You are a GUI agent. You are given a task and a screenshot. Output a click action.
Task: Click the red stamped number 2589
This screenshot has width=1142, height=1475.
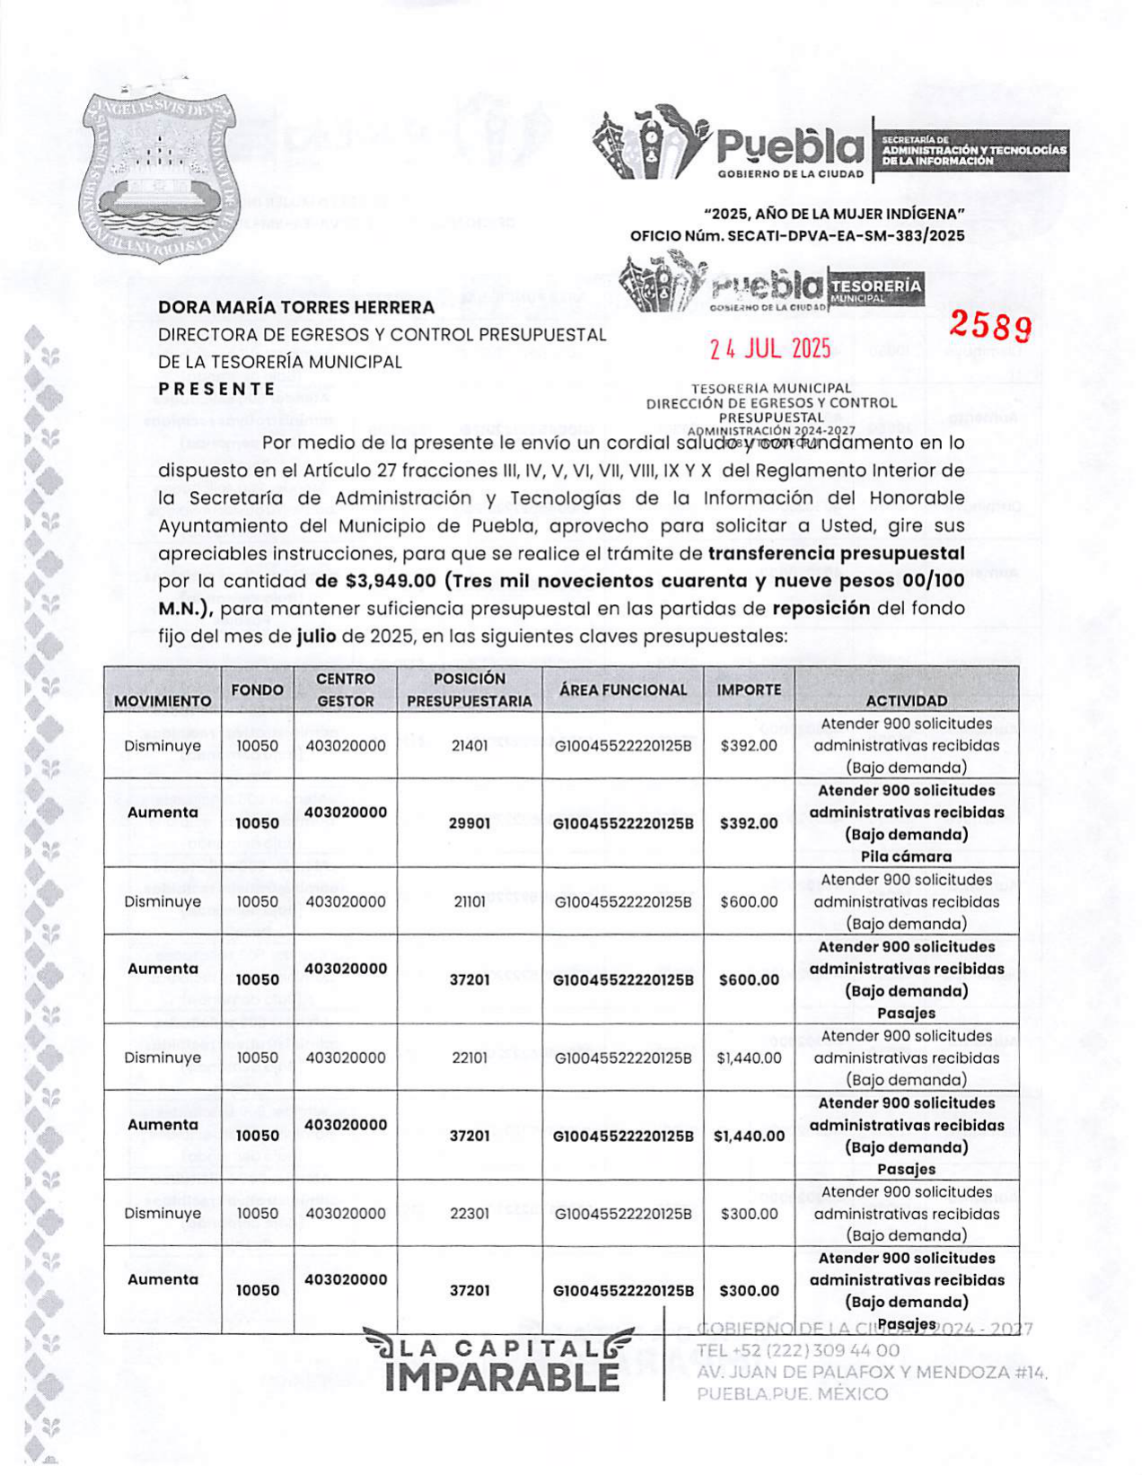989,326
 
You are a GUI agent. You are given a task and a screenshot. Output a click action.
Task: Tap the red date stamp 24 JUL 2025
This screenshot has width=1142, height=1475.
770,349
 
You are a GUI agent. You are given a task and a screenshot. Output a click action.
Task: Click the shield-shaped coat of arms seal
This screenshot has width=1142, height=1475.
159,177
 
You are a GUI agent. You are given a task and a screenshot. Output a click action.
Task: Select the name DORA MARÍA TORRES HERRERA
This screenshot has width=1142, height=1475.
296,307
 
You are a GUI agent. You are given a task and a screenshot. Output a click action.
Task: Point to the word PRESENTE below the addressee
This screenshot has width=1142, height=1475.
216,389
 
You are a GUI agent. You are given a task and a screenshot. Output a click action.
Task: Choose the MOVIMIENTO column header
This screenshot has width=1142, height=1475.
163,700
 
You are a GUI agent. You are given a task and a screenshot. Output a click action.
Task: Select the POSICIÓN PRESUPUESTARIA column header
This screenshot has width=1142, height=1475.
470,689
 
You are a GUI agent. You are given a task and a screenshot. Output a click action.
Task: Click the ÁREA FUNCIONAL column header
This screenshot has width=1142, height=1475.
623,689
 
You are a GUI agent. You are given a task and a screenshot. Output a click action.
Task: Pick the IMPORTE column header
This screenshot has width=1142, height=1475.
749,689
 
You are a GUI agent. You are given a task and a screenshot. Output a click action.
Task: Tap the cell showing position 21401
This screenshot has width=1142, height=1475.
470,745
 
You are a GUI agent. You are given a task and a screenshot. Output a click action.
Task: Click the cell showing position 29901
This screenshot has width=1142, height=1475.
470,823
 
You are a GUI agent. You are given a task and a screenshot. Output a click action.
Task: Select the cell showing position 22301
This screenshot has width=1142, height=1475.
470,1213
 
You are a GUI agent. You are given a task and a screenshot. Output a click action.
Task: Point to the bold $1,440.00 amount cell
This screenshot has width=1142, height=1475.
749,1136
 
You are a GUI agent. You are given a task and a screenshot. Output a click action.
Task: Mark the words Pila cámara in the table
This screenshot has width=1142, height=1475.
906,856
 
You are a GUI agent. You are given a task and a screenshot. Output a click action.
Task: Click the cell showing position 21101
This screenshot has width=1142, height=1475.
470,901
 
